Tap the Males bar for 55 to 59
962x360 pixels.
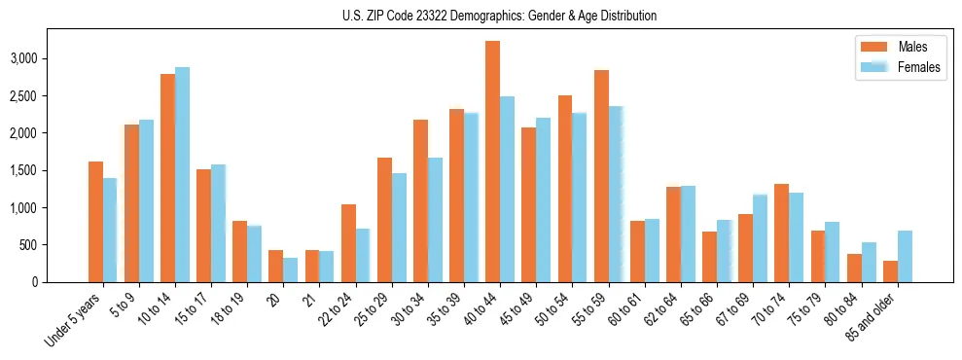click(601, 176)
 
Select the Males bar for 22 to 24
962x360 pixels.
click(348, 243)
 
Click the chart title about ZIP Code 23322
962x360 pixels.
click(500, 16)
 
